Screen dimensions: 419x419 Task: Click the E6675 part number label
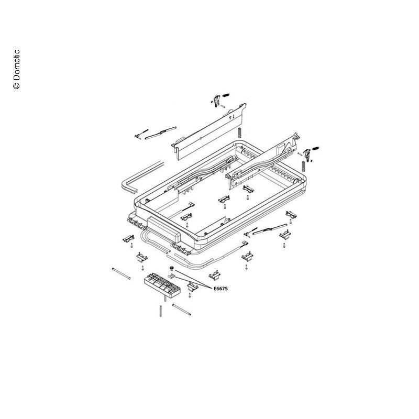click(x=220, y=289)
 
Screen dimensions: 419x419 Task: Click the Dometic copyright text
click(x=16, y=69)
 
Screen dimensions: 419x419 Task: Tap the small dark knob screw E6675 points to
click(x=171, y=268)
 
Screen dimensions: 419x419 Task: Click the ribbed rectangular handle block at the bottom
click(x=162, y=285)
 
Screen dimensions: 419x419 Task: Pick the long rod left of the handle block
click(x=121, y=274)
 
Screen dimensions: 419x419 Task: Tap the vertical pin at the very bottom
click(x=161, y=311)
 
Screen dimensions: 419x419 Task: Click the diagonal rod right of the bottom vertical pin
click(x=181, y=310)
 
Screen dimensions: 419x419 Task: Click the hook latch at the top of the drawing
click(x=217, y=101)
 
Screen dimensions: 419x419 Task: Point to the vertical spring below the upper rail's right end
click(x=240, y=133)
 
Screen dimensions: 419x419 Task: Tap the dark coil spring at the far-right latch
click(x=315, y=148)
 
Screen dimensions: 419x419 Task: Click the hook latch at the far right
click(x=307, y=154)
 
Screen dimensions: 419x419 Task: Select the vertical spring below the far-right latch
click(x=304, y=166)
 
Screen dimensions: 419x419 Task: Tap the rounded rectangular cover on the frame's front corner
click(x=164, y=229)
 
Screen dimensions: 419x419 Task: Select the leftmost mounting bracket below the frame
click(x=128, y=238)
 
